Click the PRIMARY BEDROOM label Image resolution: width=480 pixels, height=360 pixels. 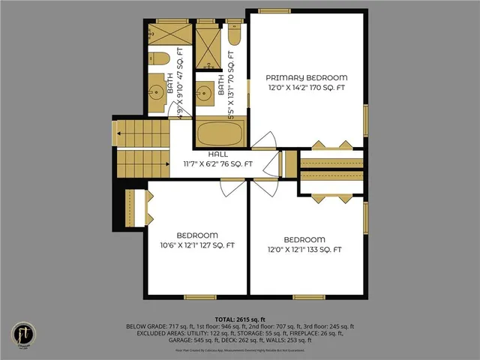[x=307, y=77]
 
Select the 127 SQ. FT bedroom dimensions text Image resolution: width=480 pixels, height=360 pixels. [x=196, y=245]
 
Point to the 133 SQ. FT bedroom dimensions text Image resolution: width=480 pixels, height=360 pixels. [x=305, y=249]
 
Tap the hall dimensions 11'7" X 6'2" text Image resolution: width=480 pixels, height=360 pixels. [x=218, y=163]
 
